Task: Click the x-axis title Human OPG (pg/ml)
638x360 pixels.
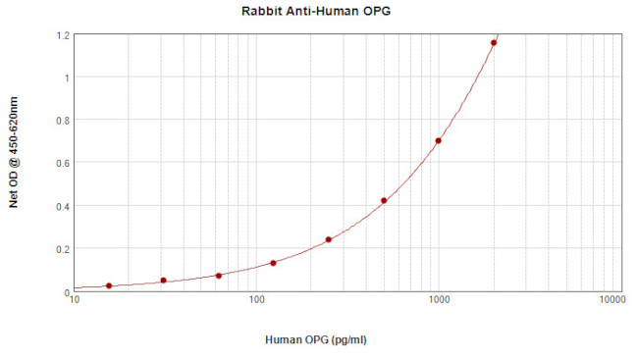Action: coord(316,339)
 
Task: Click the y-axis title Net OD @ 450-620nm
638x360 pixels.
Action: coord(13,152)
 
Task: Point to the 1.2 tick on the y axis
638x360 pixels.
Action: coord(63,34)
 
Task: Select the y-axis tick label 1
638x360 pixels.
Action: coord(67,77)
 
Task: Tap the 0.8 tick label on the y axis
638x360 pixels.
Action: coord(63,121)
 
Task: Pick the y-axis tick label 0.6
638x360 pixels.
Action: coord(63,163)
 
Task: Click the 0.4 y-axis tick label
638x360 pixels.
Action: coord(63,206)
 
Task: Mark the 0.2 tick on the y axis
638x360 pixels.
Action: coord(63,249)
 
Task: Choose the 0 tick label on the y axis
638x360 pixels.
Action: coord(67,292)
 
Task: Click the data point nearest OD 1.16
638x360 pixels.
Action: coord(494,43)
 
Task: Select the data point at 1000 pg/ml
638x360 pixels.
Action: coord(439,140)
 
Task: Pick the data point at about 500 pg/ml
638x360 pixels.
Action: coord(384,201)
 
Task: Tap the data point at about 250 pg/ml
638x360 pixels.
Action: coord(329,239)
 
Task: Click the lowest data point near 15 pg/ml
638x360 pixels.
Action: coord(109,285)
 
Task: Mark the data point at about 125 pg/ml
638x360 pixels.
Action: coord(273,263)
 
